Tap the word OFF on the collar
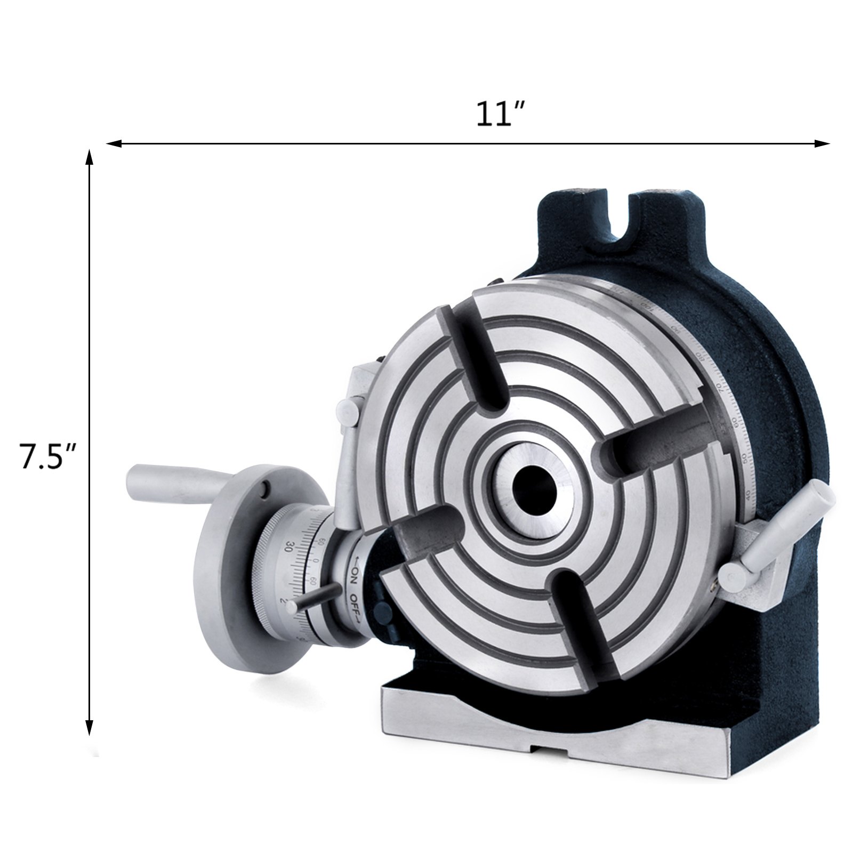tap(352, 606)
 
